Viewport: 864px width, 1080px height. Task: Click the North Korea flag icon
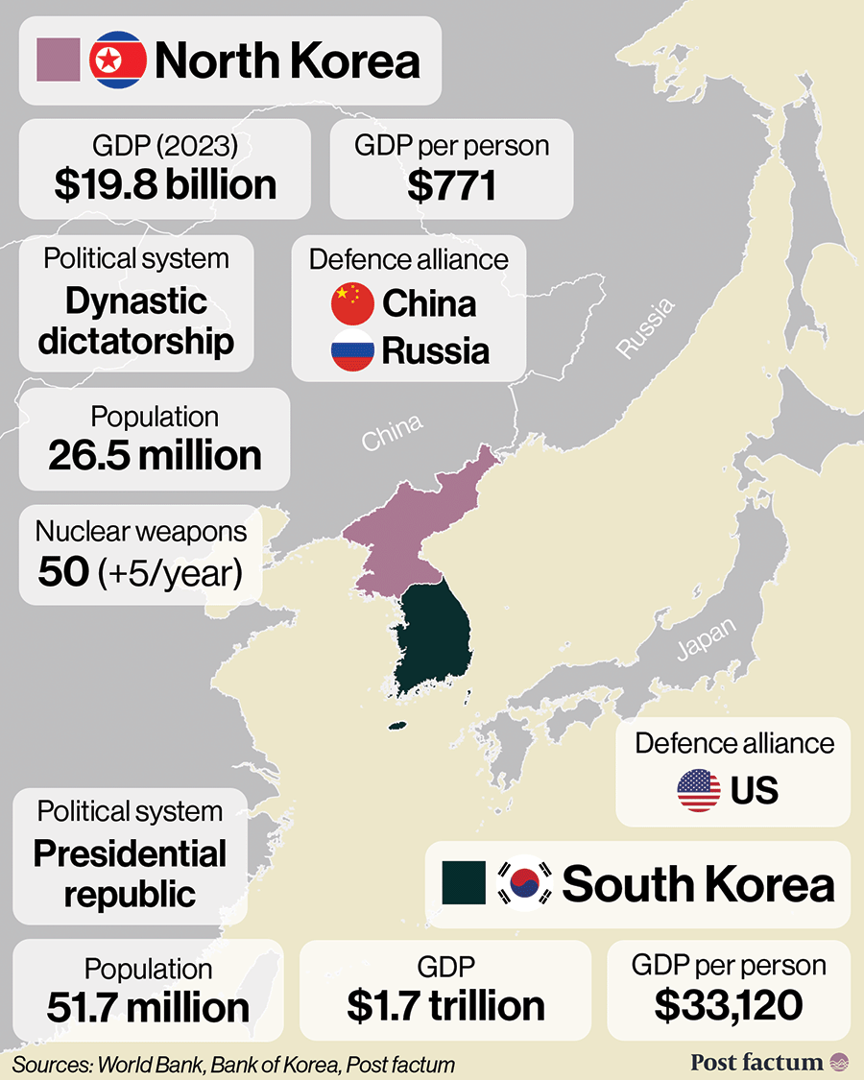pyautogui.click(x=117, y=60)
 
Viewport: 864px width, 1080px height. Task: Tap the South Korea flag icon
pyautogui.click(x=525, y=883)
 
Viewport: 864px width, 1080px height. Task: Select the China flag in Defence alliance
pyautogui.click(x=352, y=304)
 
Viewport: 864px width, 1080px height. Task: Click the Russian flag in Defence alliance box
pyautogui.click(x=352, y=351)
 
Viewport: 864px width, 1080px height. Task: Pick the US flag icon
pyautogui.click(x=699, y=790)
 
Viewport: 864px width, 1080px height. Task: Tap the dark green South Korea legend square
pyautogui.click(x=463, y=883)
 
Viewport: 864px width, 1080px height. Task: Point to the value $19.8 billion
pyautogui.click(x=165, y=184)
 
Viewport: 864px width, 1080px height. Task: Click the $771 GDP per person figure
pyautogui.click(x=451, y=184)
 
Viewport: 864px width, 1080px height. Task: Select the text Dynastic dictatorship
pyautogui.click(x=136, y=321)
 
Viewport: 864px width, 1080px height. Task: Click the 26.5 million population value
pyautogui.click(x=155, y=455)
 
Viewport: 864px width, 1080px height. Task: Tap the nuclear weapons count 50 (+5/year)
pyautogui.click(x=140, y=572)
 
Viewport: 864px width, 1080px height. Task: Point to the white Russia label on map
pyautogui.click(x=645, y=329)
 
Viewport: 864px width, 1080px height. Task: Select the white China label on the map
pyautogui.click(x=392, y=432)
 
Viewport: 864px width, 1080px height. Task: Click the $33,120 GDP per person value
pyautogui.click(x=729, y=1005)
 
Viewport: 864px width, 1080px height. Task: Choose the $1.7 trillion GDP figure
pyautogui.click(x=445, y=1005)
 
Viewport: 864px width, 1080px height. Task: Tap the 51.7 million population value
pyautogui.click(x=148, y=1007)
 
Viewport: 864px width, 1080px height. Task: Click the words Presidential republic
pyautogui.click(x=131, y=874)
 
